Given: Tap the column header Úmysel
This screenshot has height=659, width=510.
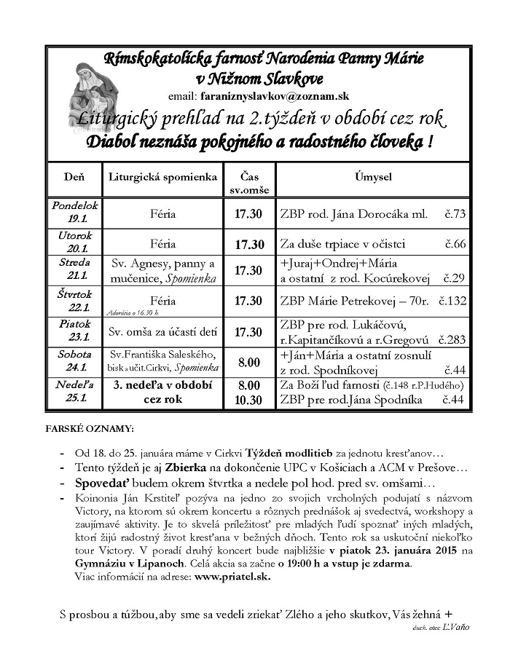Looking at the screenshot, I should [373, 177].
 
